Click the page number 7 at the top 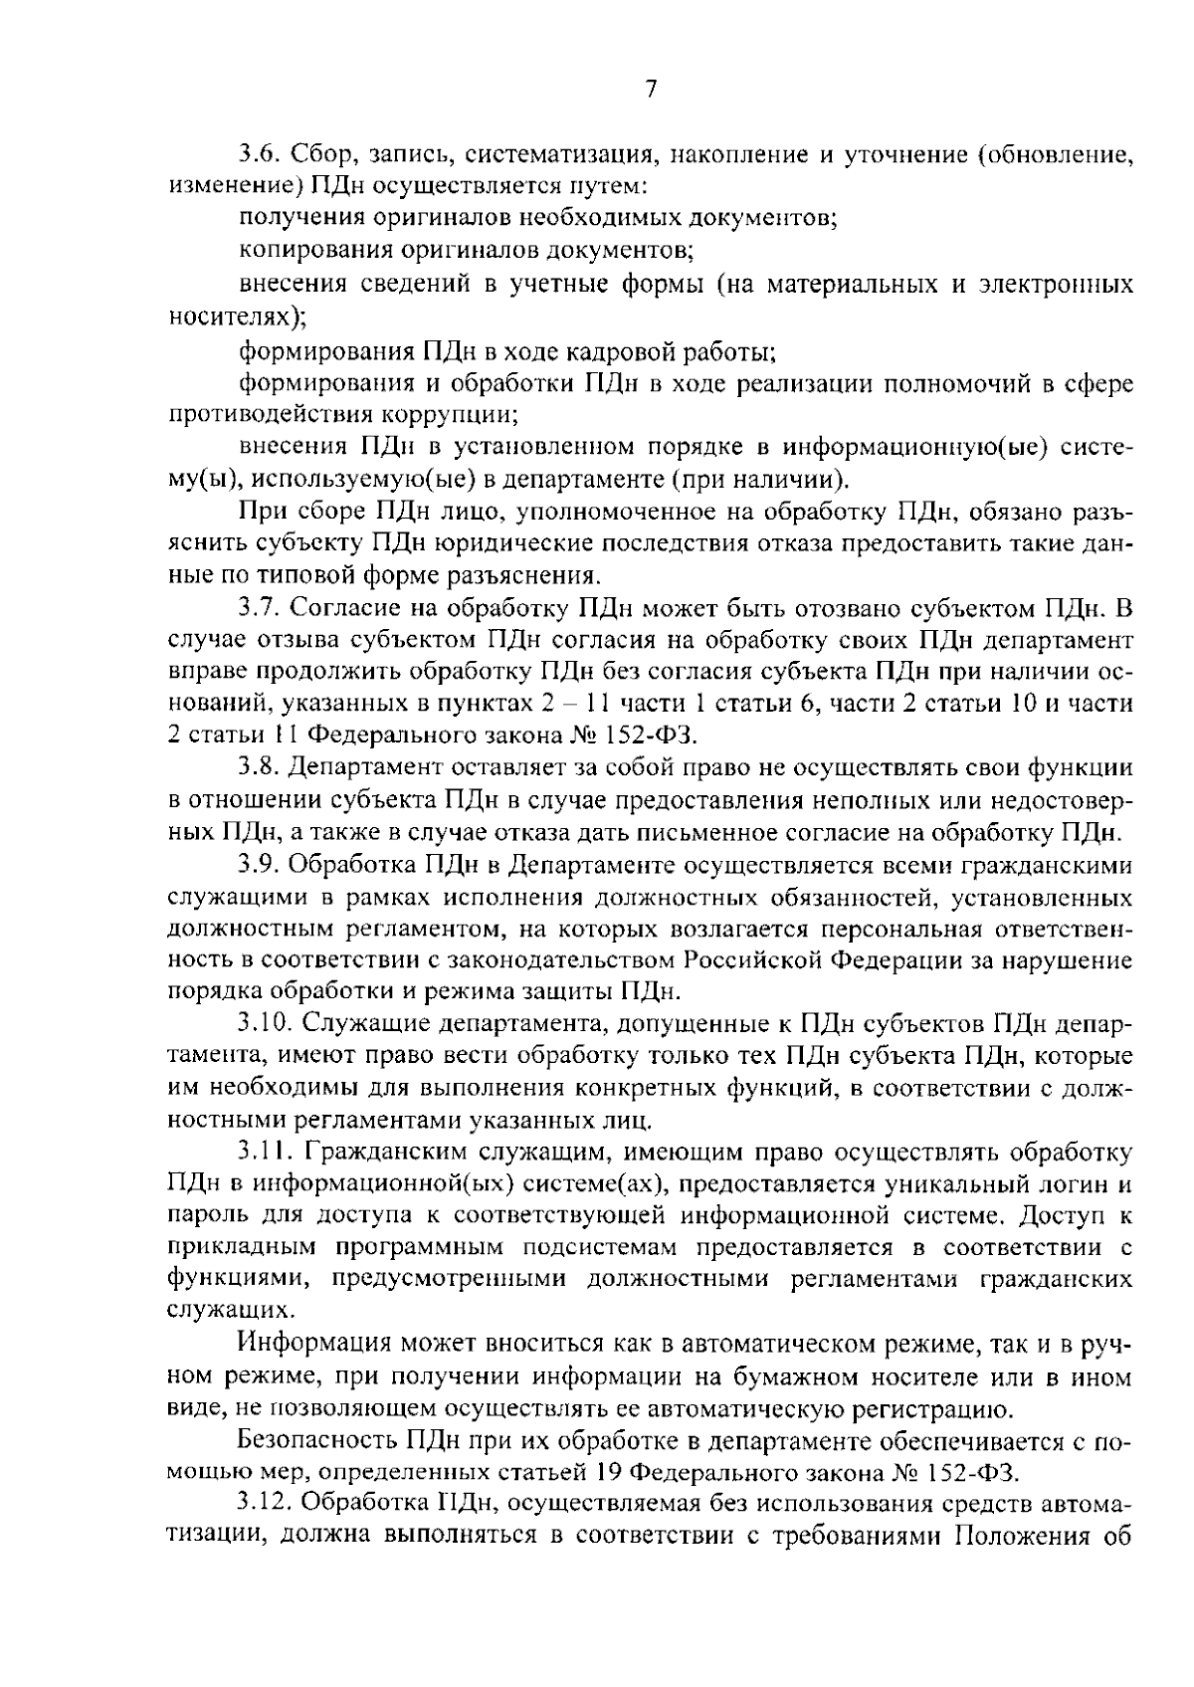click(x=649, y=90)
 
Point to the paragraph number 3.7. click(x=261, y=608)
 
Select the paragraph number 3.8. click(x=261, y=768)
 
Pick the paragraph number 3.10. click(x=267, y=1025)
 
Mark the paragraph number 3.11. click(x=265, y=1155)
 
